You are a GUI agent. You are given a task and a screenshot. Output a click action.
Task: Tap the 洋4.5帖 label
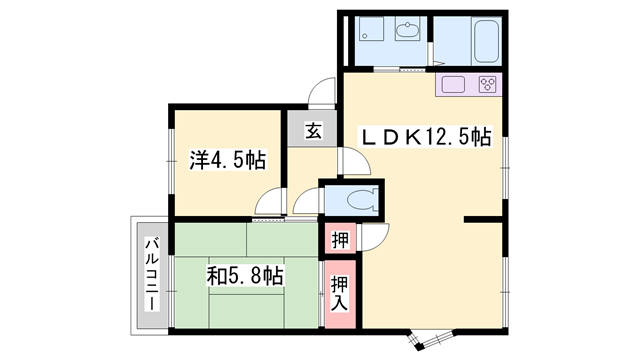pos(228,159)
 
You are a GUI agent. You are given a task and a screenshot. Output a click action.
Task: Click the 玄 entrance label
pos(313,129)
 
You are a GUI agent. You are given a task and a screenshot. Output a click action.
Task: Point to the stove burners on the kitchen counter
pos(488,83)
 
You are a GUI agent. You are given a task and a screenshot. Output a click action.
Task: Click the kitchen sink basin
pos(451,83)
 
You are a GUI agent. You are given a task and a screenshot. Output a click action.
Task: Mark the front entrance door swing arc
pos(322,93)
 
